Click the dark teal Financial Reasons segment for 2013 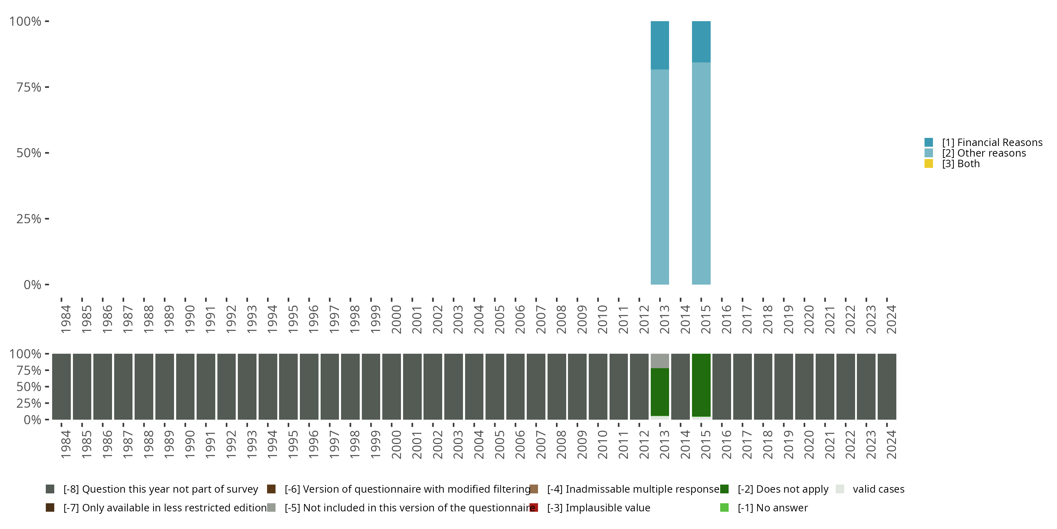pos(660,45)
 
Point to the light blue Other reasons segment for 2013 pos(660,177)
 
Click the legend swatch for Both pos(928,164)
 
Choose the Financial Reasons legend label pos(992,142)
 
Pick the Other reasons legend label pos(984,153)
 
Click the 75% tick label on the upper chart pos(29,87)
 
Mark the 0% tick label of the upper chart pos(32,285)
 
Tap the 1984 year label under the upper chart pos(66,319)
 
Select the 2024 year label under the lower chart pos(891,444)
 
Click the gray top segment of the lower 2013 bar pos(660,361)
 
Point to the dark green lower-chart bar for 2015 pos(701,385)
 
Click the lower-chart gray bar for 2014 pos(680,387)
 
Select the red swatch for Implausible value pos(534,507)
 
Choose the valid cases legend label pos(878,489)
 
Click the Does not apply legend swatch pos(724,489)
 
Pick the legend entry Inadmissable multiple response pos(633,489)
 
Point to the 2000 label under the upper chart pos(396,319)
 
